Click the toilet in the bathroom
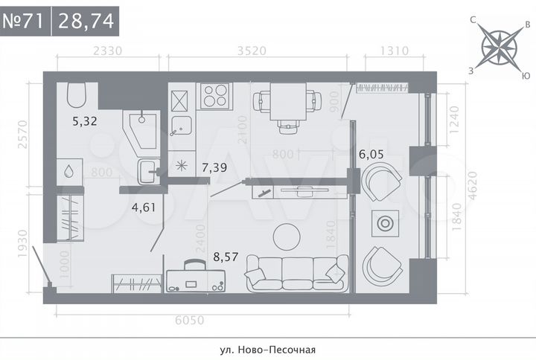point(77,95)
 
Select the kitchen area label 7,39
point(216,168)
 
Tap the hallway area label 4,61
point(143,207)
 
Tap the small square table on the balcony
point(386,223)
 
